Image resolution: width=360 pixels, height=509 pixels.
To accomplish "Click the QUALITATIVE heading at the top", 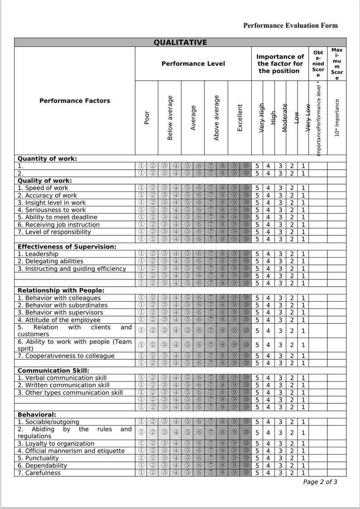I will click(180, 43).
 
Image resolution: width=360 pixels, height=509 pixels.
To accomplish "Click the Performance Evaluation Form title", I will click(290, 25).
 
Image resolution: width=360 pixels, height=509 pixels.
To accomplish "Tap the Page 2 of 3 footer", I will click(320, 482).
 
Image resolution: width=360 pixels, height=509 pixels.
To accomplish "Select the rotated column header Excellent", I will click(240, 118).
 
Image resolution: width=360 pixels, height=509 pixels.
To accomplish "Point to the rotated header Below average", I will click(170, 118).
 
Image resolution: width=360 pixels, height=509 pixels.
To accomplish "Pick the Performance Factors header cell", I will click(74, 101).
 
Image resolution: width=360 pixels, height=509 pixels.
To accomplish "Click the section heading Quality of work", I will click(44, 181).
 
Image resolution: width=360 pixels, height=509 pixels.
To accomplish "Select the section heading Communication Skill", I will click(53, 371).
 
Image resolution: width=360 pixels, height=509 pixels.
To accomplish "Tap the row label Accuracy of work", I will click(47, 196).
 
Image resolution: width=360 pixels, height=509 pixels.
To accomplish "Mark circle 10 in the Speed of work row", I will click(246, 188).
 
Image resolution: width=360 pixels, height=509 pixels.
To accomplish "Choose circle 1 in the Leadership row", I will click(141, 254).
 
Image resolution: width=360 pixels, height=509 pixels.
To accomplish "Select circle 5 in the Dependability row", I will click(187, 465).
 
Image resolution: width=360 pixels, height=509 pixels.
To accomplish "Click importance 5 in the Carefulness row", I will click(257, 473).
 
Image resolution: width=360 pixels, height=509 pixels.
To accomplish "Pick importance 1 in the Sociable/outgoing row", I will click(303, 422).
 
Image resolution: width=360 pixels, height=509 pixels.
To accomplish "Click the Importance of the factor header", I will click(280, 64).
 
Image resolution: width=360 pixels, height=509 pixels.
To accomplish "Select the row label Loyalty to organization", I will click(56, 444).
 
